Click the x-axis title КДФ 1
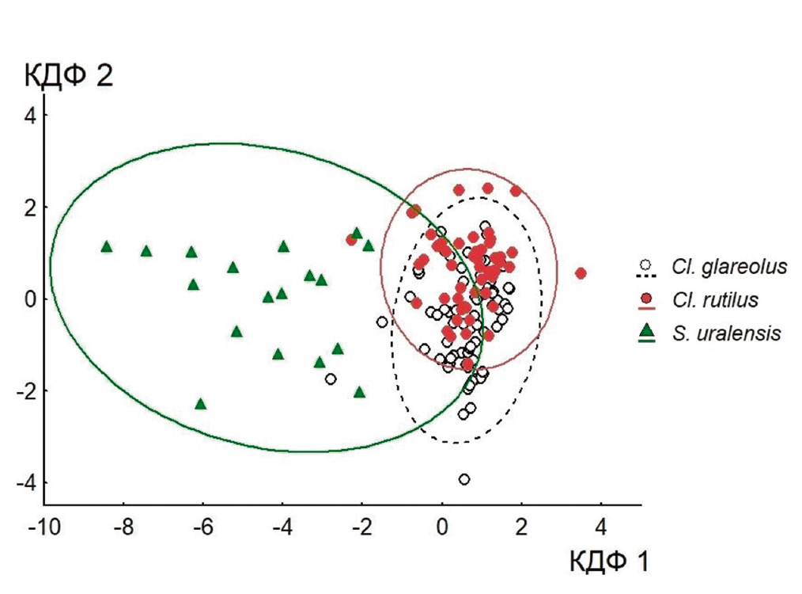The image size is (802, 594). tap(609, 562)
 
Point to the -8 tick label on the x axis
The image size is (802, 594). tap(123, 526)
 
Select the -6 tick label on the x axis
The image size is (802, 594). tap(202, 526)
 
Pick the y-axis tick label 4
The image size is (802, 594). tap(31, 115)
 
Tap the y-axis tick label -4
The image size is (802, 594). tap(26, 482)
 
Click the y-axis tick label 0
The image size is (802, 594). tap(31, 299)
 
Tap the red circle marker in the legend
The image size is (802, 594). tap(647, 299)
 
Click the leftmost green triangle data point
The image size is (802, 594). tap(107, 246)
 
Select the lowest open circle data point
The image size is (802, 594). tap(464, 479)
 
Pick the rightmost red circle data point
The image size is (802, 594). tap(581, 273)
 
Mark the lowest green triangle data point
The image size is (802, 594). tap(201, 404)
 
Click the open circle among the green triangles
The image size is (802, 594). tap(331, 379)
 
